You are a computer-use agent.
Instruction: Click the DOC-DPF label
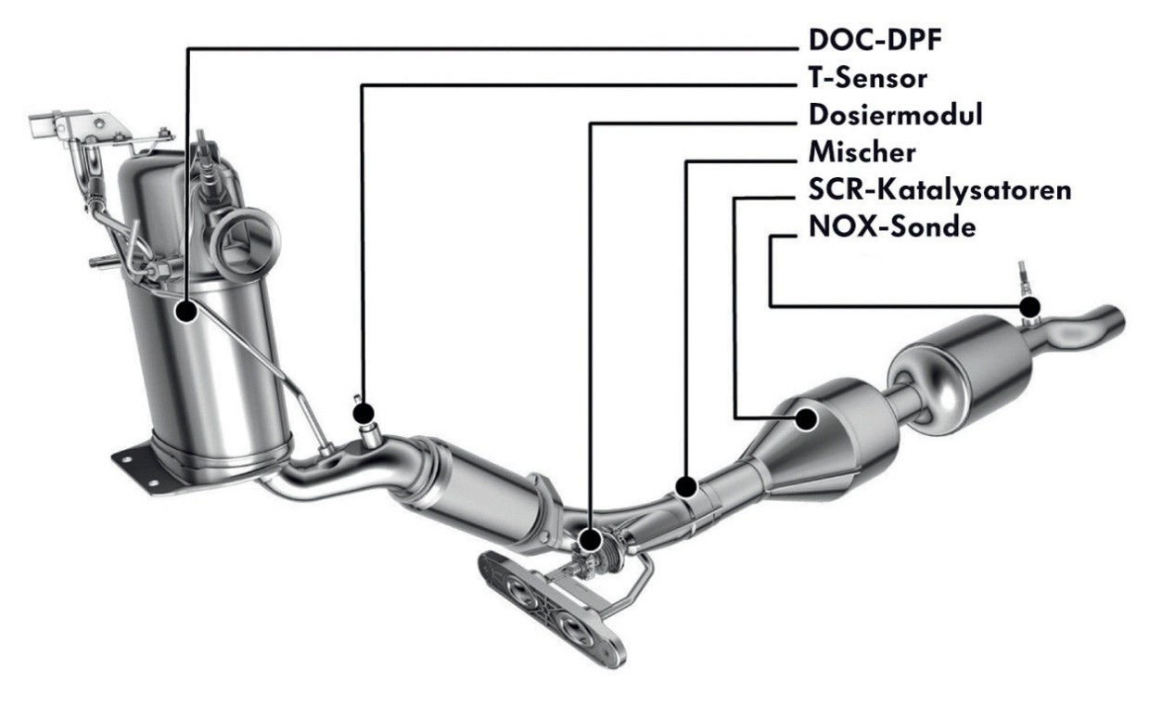875,40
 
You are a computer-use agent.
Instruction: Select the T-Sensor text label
868,78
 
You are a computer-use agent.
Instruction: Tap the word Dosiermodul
896,115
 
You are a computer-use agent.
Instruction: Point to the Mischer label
862,152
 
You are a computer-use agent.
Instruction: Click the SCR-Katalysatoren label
940,190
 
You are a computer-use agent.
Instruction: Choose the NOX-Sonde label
892,226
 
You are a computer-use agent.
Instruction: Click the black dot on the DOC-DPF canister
186,312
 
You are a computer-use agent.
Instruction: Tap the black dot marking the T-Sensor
364,412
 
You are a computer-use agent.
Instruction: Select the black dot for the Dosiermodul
590,540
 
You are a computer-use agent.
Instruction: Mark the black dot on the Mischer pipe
686,485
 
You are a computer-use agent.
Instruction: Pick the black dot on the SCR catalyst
807,418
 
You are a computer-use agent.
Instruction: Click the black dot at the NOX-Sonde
1029,307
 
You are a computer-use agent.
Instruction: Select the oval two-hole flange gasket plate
552,609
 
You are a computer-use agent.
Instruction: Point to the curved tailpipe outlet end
1111,323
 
